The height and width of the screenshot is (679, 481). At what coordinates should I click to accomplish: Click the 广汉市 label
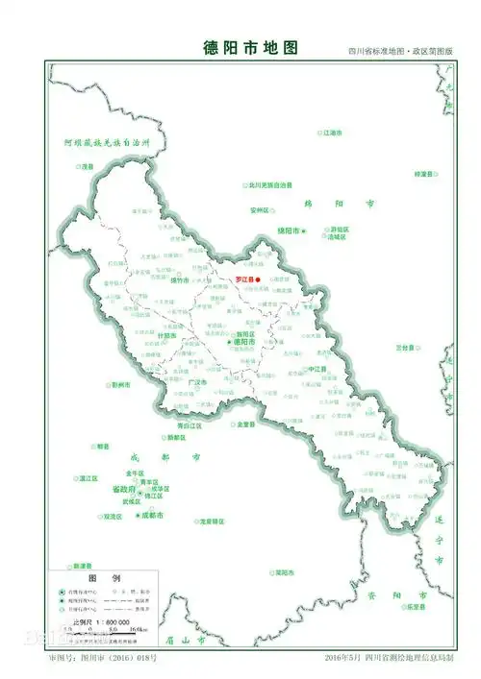coord(197,381)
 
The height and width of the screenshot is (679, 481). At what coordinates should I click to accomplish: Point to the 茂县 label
coord(89,166)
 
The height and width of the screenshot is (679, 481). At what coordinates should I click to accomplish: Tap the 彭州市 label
coord(120,384)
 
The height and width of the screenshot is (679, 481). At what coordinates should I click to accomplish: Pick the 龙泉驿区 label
coord(213,521)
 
